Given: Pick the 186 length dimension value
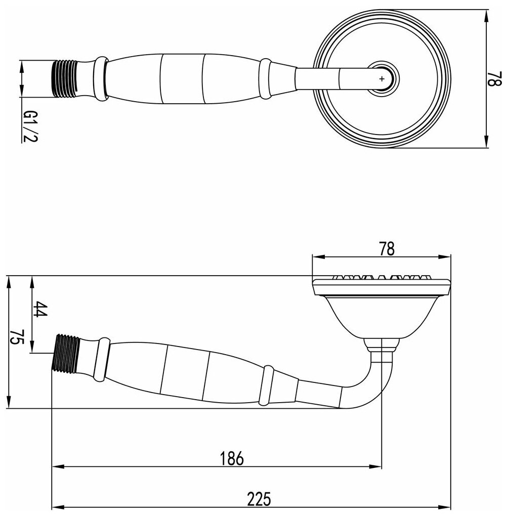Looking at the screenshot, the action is pyautogui.click(x=232, y=458).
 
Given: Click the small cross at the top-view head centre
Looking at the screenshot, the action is pyautogui.click(x=382, y=78).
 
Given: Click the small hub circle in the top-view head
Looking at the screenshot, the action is pyautogui.click(x=382, y=78).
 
